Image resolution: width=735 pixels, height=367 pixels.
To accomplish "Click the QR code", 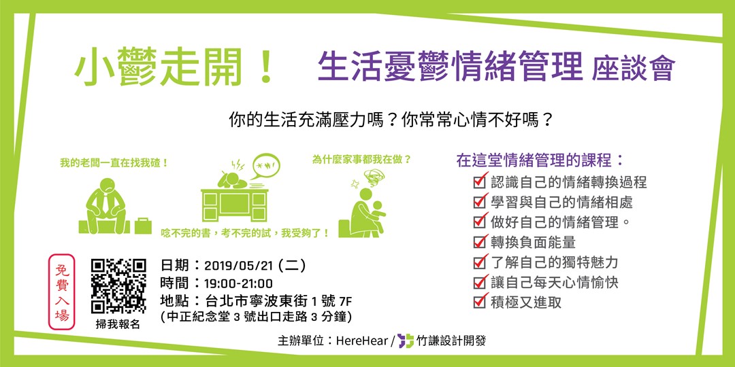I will click(x=118, y=285).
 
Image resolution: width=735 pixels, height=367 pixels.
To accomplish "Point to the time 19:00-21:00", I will click(x=238, y=283).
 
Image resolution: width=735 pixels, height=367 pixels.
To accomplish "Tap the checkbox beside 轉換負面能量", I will click(x=480, y=242).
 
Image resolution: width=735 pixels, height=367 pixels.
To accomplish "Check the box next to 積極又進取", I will click(x=480, y=302).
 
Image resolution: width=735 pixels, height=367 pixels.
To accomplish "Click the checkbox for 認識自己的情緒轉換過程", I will click(x=480, y=182).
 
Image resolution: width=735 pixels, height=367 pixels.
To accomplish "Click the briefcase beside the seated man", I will click(x=143, y=225).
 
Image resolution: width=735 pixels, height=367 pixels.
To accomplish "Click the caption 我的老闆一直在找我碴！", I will click(x=114, y=163).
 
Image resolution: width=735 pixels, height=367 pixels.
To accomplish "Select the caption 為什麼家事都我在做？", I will click(x=361, y=160).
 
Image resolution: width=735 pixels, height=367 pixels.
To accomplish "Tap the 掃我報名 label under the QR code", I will click(x=118, y=324).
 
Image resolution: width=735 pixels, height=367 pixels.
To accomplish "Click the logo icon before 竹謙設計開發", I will click(x=406, y=340).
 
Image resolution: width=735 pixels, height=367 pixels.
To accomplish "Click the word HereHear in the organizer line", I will click(x=361, y=340).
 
